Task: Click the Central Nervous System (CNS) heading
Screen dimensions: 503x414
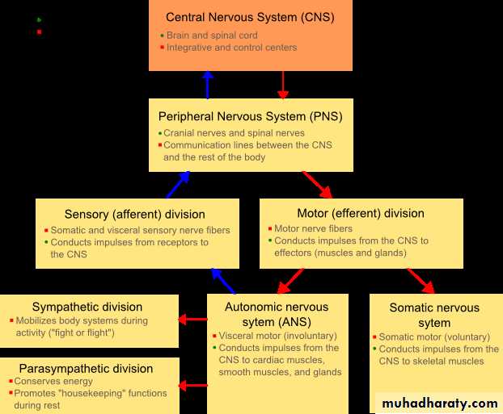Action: (250, 17)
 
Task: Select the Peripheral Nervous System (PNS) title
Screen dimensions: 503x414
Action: (250, 116)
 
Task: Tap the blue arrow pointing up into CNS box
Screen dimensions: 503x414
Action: (208, 85)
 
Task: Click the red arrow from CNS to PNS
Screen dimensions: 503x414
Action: (282, 85)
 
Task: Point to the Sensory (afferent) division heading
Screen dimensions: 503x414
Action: (135, 214)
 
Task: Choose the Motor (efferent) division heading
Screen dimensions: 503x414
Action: (361, 213)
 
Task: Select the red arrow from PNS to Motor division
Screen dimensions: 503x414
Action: (317, 185)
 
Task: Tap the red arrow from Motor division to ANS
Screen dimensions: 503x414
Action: (290, 281)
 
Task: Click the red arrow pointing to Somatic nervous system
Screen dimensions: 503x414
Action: (421, 281)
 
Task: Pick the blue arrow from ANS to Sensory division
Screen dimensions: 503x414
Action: (223, 281)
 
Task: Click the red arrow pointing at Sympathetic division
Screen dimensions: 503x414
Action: (192, 320)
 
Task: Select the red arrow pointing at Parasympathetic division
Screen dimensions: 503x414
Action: (192, 386)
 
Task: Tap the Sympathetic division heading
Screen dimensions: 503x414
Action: (87, 307)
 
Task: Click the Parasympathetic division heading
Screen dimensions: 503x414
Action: (86, 369)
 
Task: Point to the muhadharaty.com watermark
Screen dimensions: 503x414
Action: (440, 404)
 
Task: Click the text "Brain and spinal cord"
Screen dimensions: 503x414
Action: (212, 36)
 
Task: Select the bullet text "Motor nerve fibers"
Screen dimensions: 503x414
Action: (314, 228)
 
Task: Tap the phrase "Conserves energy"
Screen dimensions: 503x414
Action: (53, 382)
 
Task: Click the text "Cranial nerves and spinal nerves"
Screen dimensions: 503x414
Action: (234, 133)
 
